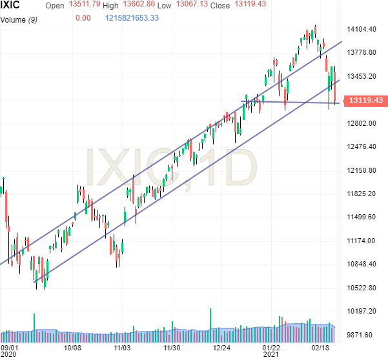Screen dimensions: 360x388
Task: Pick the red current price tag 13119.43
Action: [x=365, y=101]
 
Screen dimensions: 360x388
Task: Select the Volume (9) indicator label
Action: [x=22, y=18]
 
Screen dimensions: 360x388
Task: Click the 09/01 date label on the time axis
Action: [x=10, y=347]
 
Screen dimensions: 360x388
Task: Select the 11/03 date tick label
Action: [x=123, y=347]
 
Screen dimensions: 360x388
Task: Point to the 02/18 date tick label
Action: [x=321, y=347]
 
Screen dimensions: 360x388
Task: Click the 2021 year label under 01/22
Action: [x=271, y=354]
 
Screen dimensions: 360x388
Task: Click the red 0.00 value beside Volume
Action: [x=83, y=18]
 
